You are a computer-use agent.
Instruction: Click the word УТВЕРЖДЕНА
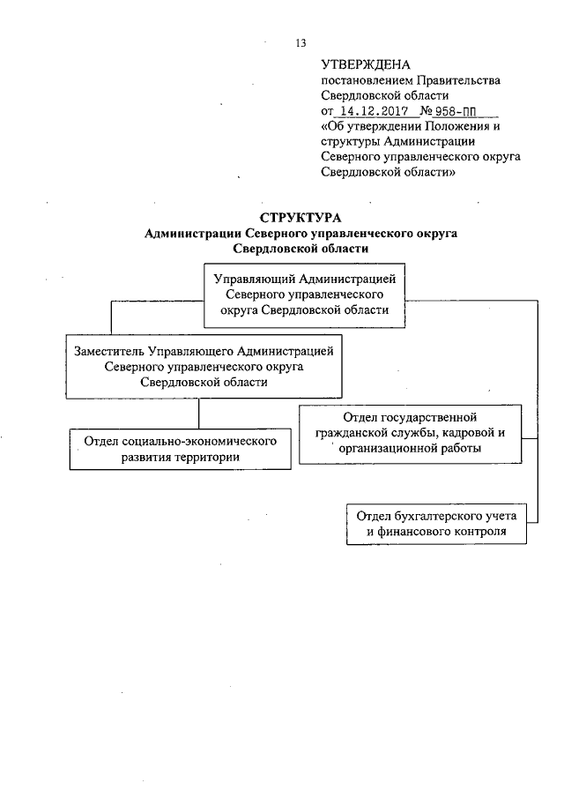pos(360,64)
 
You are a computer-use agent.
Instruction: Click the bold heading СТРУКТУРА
pos(301,218)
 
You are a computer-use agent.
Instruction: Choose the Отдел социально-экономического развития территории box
pos(180,449)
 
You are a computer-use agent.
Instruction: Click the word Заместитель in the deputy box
pos(112,351)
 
